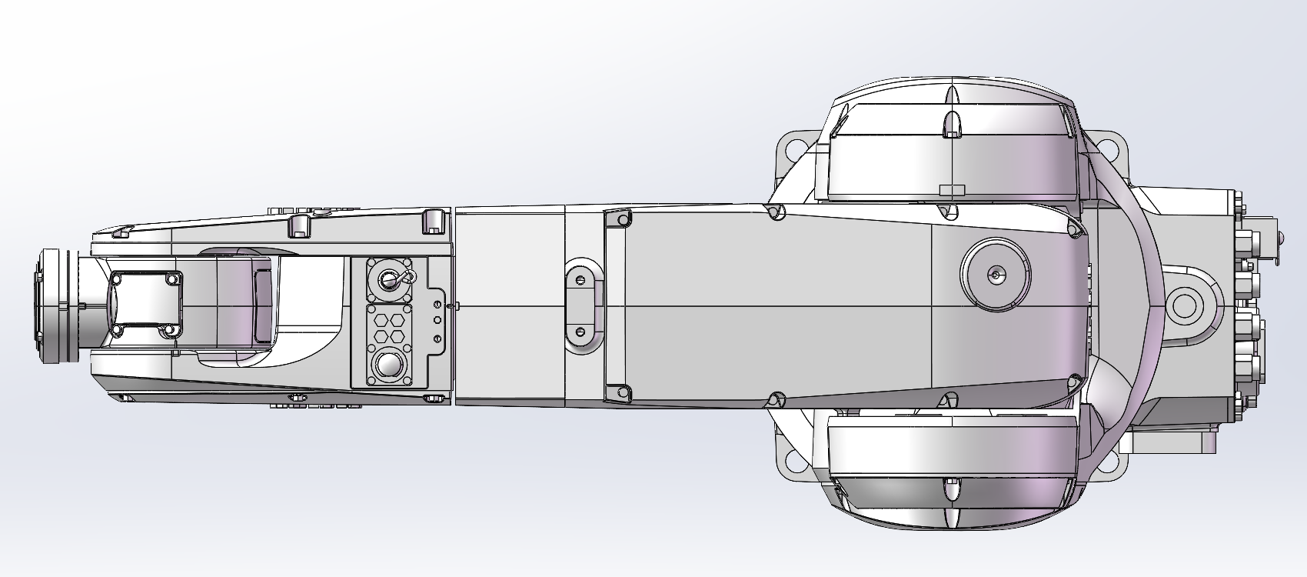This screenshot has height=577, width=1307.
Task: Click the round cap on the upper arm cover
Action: (x=996, y=274)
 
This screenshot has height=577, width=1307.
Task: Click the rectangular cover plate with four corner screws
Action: (x=146, y=304)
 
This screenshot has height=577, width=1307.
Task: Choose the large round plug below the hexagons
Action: (x=389, y=367)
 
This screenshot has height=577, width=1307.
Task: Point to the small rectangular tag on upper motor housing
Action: (x=952, y=188)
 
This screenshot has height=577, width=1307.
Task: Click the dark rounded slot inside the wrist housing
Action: (x=262, y=305)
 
